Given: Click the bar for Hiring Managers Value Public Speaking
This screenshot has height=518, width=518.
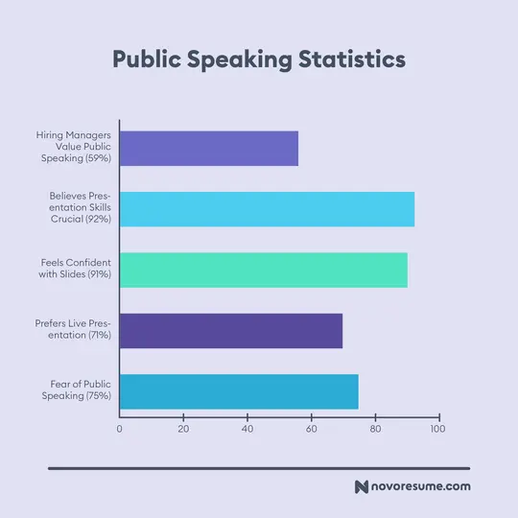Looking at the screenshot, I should [x=208, y=149].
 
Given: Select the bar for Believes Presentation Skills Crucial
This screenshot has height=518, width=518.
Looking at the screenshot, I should [x=267, y=209].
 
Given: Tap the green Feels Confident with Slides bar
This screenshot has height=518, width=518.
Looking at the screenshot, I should [x=263, y=270].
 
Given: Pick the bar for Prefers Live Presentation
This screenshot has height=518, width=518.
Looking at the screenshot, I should [x=230, y=330].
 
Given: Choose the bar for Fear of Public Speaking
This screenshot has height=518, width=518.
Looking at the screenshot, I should [x=239, y=391].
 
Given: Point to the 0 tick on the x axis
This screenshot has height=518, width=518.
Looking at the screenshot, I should [x=120, y=429].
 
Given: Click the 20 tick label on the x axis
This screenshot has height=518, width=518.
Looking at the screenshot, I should [x=183, y=429].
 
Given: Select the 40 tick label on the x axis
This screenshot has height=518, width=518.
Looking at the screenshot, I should [x=247, y=429].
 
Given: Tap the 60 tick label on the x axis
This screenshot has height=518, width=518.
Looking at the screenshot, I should [x=311, y=429].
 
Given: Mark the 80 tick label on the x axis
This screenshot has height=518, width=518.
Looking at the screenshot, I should [x=375, y=429].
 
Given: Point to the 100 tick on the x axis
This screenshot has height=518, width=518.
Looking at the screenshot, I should [x=438, y=429].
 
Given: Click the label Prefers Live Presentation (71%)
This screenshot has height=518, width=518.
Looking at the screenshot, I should [x=75, y=330].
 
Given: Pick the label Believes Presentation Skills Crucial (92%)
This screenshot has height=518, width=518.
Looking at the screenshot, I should [x=80, y=207].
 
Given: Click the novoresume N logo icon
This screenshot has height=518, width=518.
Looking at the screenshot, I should [x=362, y=487].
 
